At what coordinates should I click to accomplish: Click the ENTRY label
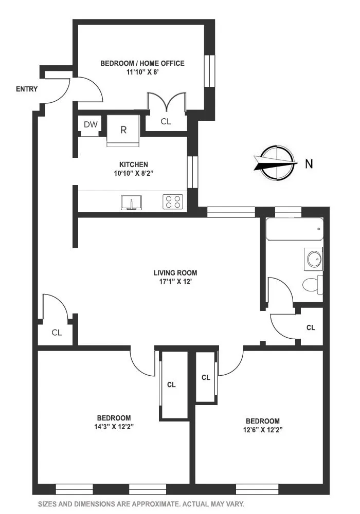pyautogui.click(x=27, y=89)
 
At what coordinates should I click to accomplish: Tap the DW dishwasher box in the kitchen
pyautogui.click(x=91, y=125)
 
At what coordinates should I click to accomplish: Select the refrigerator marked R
pyautogui.click(x=123, y=130)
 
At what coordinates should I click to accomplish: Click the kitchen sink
pyautogui.click(x=132, y=203)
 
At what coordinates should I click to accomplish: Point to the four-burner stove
pyautogui.click(x=174, y=202)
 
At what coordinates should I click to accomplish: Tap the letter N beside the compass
pyautogui.click(x=309, y=164)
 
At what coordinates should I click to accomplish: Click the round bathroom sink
pyautogui.click(x=314, y=259)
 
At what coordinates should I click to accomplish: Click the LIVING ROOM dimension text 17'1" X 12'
pyautogui.click(x=175, y=282)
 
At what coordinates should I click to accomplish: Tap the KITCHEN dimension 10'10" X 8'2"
pyautogui.click(x=134, y=173)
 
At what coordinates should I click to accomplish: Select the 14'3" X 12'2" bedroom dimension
pyautogui.click(x=114, y=427)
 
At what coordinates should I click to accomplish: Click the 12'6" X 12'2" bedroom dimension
pyautogui.click(x=262, y=429)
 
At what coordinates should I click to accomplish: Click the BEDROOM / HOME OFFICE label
pyautogui.click(x=142, y=63)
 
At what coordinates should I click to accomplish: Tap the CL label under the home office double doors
pyautogui.click(x=166, y=122)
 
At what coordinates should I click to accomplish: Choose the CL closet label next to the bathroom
pyautogui.click(x=311, y=327)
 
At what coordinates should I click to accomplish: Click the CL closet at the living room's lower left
pyautogui.click(x=57, y=333)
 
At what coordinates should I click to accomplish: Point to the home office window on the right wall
pyautogui.click(x=209, y=70)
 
